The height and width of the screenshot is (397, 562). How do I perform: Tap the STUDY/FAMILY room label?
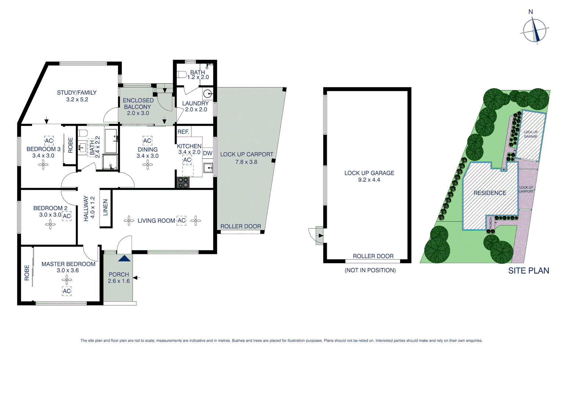pyautogui.click(x=77, y=93)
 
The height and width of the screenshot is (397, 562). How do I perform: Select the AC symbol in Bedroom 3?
pyautogui.click(x=49, y=141)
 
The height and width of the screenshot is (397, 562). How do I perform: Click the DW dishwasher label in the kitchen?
pyautogui.click(x=207, y=153)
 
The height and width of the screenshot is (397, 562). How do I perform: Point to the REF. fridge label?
pyautogui.click(x=183, y=132)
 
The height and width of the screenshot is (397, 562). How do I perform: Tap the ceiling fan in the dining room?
pyautogui.click(x=147, y=165)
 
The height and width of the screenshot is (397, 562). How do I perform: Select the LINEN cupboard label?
pyautogui.click(x=106, y=208)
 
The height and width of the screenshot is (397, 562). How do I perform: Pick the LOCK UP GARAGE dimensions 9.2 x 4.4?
pyautogui.click(x=369, y=180)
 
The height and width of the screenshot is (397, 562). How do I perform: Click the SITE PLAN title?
pyautogui.click(x=529, y=271)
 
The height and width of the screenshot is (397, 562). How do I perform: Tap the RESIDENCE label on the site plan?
pyautogui.click(x=490, y=193)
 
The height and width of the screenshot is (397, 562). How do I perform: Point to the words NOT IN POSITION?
pyautogui.click(x=370, y=270)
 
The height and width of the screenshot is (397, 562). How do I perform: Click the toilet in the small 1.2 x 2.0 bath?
pyautogui.click(x=182, y=74)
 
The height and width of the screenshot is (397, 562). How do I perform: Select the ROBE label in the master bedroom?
pyautogui.click(x=27, y=273)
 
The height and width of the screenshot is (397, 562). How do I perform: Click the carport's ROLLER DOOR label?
pyautogui.click(x=241, y=226)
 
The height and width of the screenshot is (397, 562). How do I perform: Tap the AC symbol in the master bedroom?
pyautogui.click(x=67, y=291)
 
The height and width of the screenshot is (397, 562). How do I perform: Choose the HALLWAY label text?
pyautogui.click(x=86, y=208)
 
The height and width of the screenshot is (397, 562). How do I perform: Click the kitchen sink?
pyautogui.click(x=208, y=168)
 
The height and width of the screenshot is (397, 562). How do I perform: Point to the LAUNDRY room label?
pyautogui.click(x=195, y=103)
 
